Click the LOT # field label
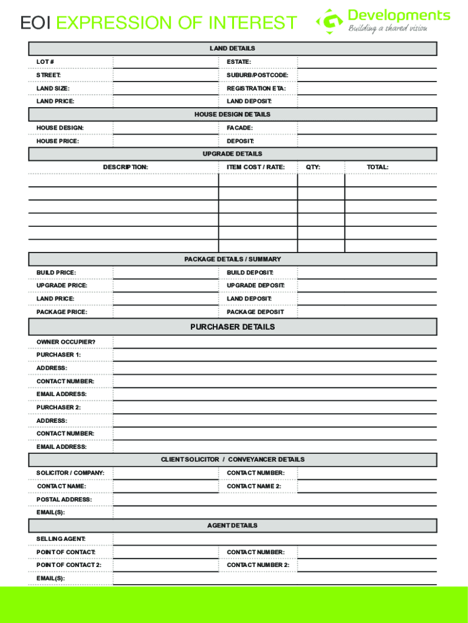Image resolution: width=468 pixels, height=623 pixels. click(45, 62)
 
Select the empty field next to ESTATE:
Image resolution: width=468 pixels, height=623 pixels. click(366, 62)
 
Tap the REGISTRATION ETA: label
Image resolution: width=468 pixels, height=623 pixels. click(256, 88)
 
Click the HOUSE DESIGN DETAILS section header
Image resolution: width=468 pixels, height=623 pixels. click(232, 114)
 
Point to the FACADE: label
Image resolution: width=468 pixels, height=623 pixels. click(239, 128)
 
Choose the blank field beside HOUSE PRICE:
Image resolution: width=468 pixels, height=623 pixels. click(165, 141)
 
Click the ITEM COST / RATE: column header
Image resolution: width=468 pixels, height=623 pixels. click(255, 167)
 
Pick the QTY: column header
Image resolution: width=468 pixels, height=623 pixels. click(312, 167)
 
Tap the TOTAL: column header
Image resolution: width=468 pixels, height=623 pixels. click(377, 167)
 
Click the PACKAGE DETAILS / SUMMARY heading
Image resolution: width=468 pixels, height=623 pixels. click(232, 259)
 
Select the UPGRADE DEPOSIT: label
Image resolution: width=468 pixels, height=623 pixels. click(255, 285)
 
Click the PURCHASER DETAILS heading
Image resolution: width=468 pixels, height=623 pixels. click(232, 327)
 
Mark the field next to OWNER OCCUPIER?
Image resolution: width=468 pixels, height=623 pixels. click(274, 342)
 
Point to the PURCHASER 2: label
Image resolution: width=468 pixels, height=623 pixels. click(58, 408)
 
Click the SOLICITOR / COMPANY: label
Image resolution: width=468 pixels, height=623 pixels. click(70, 473)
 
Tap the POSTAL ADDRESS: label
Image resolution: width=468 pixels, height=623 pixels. click(64, 499)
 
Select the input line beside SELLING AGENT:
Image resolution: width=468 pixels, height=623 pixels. click(274, 539)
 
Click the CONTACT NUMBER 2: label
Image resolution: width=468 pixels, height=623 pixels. click(258, 565)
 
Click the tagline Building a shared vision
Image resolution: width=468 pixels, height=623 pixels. click(387, 29)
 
